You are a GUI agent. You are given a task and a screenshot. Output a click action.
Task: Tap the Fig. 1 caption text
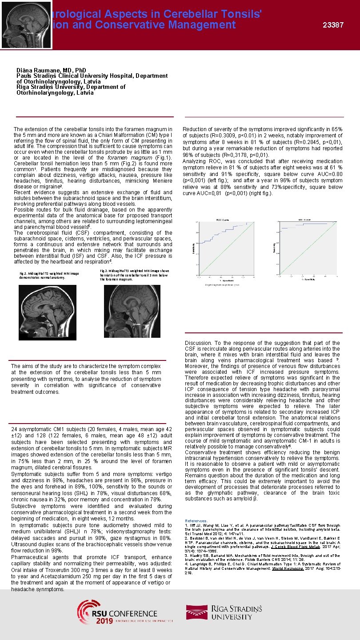(x=48, y=275)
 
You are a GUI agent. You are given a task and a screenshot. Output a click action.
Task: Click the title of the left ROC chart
(x=223, y=220)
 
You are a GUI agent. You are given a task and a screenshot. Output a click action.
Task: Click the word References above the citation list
(x=196, y=520)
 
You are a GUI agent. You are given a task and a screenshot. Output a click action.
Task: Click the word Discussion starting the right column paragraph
(x=198, y=343)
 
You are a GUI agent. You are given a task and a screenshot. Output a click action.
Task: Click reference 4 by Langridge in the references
(x=262, y=570)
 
